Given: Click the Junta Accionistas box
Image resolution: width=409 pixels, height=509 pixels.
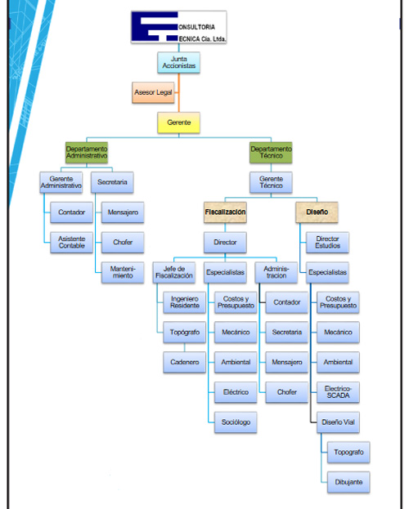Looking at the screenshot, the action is [178, 62].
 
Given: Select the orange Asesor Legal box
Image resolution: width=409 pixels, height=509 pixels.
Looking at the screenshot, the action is [153, 92].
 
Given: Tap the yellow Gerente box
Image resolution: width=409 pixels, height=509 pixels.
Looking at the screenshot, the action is [178, 123].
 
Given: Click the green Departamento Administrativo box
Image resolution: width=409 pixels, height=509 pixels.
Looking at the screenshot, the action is [87, 152].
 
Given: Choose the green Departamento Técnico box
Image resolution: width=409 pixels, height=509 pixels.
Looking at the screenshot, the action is [271, 152].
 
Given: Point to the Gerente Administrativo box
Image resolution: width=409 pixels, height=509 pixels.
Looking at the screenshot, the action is [61, 182].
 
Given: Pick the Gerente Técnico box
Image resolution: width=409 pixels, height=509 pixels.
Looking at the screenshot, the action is [271, 182].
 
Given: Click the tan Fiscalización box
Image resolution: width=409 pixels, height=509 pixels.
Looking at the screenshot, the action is [225, 212].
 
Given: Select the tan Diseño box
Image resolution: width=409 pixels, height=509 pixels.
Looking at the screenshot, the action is [317, 212].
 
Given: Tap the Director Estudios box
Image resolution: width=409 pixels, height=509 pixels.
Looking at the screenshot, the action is [327, 243].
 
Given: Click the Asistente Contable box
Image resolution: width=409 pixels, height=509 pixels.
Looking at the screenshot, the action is [71, 243].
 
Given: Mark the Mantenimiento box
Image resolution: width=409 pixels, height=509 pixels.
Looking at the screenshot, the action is [123, 272].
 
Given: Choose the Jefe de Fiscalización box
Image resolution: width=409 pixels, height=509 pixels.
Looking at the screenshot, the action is [174, 272].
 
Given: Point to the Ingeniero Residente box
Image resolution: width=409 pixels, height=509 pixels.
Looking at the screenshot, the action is [184, 302].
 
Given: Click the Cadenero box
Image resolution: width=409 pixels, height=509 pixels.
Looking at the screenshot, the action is [184, 362].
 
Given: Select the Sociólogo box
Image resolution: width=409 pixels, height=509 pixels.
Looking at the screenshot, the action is [236, 422].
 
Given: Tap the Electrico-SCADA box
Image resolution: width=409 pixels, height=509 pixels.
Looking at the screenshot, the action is [338, 392].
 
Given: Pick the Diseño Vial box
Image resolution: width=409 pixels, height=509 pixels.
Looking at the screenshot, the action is [338, 422].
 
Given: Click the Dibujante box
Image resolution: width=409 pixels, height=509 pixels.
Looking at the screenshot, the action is [348, 482].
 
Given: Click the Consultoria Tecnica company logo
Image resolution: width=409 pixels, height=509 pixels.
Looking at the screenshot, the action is [178, 27].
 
